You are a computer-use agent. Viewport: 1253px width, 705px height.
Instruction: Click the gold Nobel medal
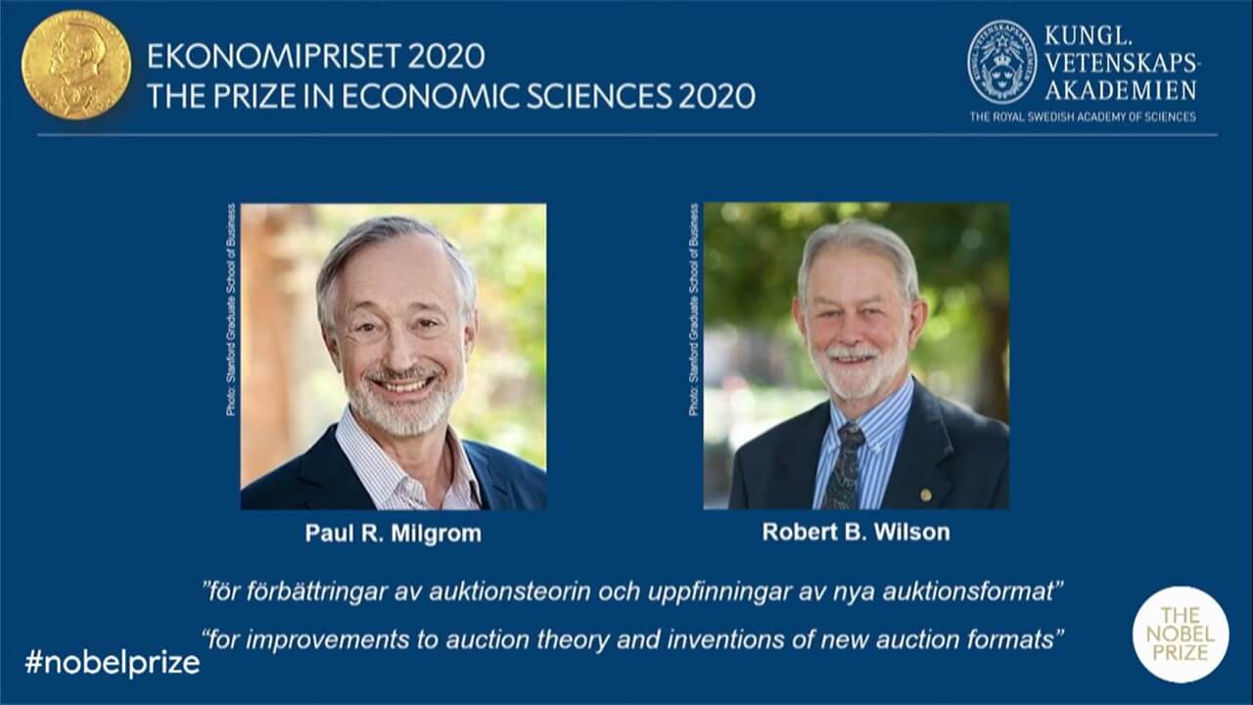pos(75,66)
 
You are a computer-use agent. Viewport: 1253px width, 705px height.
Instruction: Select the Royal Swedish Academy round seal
pos(1000,63)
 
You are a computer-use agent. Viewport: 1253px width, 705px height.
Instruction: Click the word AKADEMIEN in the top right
pos(1121,90)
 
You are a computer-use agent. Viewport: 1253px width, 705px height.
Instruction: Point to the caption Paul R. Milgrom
pos(393,534)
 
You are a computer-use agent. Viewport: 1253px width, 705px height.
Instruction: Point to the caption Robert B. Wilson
pos(856,533)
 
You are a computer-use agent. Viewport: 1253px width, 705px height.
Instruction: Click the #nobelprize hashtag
pos(112,663)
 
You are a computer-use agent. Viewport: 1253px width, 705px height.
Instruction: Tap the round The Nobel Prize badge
pos(1180,634)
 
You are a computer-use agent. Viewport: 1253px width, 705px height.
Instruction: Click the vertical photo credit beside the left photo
pos(231,309)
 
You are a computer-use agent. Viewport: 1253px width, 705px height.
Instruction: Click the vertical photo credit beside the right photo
pos(694,309)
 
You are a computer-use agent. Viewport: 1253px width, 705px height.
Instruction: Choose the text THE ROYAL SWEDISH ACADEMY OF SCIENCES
pos(1083,117)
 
